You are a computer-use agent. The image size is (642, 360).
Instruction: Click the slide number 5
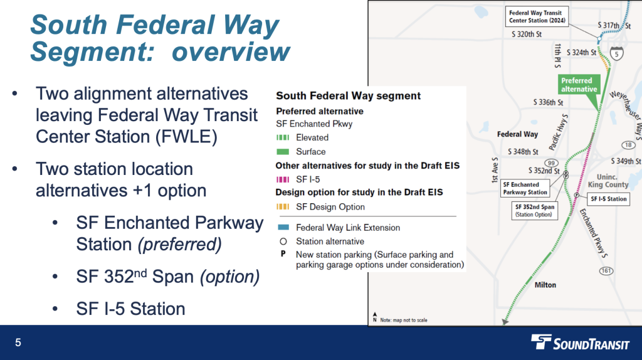18,342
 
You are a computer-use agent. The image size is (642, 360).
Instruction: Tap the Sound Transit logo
577,342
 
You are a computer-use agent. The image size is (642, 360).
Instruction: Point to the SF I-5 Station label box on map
608,199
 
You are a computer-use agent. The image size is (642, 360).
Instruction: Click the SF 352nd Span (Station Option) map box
534,210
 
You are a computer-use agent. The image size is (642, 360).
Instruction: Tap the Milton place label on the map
545,285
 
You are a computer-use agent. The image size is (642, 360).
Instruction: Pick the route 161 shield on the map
606,270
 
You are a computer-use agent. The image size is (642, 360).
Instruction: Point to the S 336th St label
548,102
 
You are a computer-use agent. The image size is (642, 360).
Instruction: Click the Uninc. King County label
608,181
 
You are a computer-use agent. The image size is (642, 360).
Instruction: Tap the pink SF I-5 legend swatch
283,179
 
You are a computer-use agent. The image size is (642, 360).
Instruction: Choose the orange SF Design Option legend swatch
283,207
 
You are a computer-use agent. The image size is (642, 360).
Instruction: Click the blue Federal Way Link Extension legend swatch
283,228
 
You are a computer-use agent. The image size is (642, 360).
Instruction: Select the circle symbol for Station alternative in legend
283,241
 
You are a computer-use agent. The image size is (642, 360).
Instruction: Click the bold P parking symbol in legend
283,255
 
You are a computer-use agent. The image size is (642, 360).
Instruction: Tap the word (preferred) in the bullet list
179,244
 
